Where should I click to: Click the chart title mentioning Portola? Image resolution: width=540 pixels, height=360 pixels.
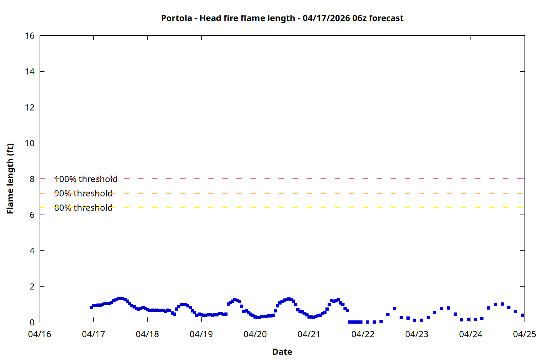(x=282, y=18)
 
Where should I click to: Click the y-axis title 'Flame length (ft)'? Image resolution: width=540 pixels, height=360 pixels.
(x=10, y=179)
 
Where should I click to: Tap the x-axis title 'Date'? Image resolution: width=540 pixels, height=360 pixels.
(x=282, y=352)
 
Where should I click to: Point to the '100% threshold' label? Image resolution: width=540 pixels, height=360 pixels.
(x=86, y=179)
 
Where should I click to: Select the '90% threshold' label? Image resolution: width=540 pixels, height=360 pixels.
(x=83, y=193)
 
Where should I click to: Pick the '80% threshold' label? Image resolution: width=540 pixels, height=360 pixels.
(x=83, y=208)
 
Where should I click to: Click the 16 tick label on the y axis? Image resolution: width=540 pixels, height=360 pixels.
(x=30, y=36)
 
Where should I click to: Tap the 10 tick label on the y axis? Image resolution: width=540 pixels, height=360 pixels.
(x=30, y=143)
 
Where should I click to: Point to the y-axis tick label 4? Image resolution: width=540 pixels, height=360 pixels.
(x=32, y=251)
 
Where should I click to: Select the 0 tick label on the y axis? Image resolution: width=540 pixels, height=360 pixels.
(x=32, y=322)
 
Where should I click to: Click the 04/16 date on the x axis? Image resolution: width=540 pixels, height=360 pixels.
(x=40, y=334)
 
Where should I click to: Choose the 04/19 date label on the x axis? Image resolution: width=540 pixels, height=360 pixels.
(x=201, y=334)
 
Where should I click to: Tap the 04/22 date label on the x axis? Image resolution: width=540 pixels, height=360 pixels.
(x=363, y=334)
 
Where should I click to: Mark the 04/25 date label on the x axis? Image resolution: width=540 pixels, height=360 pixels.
(x=525, y=334)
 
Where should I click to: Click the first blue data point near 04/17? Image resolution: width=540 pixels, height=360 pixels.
(x=91, y=307)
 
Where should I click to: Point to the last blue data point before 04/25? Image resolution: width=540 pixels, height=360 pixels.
(x=522, y=315)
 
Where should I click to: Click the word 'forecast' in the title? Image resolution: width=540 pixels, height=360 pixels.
(x=386, y=18)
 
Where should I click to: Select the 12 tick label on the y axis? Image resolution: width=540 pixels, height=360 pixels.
(x=30, y=107)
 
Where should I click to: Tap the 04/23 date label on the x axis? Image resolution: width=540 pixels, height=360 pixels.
(x=417, y=334)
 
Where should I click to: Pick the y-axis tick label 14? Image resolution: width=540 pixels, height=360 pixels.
(x=30, y=72)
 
